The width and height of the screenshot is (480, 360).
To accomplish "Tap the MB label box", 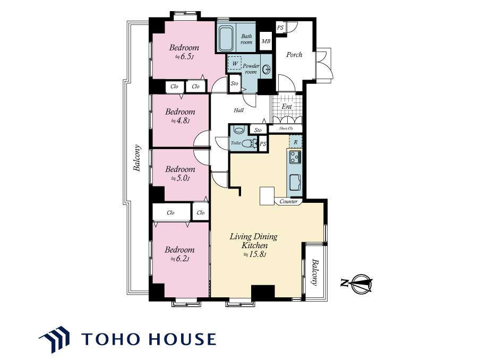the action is click(x=265, y=41).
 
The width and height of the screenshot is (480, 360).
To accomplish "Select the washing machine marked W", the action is click(x=235, y=63).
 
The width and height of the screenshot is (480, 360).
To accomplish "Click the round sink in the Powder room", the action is click(x=267, y=70).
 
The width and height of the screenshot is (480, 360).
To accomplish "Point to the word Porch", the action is click(x=294, y=55).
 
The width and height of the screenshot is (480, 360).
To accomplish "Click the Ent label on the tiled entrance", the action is click(x=287, y=106).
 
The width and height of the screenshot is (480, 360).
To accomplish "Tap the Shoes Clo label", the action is click(x=286, y=128).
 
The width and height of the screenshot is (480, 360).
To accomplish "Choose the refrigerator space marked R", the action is click(x=296, y=142).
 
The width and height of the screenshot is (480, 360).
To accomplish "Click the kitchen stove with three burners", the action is click(x=295, y=157).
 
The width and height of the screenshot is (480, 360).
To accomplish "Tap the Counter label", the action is click(x=288, y=201).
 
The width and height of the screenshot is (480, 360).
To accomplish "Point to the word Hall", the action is click(x=239, y=110).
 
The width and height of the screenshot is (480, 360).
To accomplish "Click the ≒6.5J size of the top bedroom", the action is click(x=184, y=57).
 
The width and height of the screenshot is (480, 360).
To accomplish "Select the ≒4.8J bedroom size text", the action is click(x=181, y=121).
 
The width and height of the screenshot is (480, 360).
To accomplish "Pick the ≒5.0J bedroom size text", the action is click(x=181, y=178).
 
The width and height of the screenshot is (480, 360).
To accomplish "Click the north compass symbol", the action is click(x=359, y=283).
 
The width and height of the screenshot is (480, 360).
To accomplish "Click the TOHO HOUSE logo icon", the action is click(x=54, y=339).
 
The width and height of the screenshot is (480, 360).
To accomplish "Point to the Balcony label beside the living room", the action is click(x=314, y=272).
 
